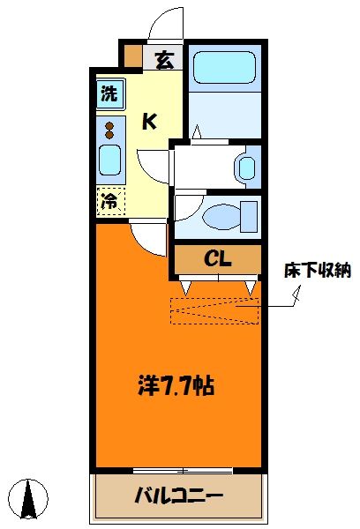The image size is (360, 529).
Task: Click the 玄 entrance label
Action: point(164,60)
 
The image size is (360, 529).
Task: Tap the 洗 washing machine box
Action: point(110,93)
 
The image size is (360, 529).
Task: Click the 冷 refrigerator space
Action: point(111,202)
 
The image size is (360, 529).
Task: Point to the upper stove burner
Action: point(109,126)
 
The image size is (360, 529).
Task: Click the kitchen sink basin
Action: point(110,160)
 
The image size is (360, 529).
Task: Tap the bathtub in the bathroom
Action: point(225,68)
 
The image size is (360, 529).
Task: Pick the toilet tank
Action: point(249,217)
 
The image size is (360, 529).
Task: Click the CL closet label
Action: point(218,259)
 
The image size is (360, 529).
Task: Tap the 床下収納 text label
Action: point(318,271)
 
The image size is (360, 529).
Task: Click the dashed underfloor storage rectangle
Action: point(214,311)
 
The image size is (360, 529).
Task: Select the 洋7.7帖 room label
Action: point(176,386)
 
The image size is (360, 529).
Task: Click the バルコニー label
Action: point(179,496)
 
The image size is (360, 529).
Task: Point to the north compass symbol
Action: point(28,499)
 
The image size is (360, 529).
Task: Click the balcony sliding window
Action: point(183,471)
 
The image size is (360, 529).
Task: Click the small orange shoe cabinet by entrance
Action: point(132,56)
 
